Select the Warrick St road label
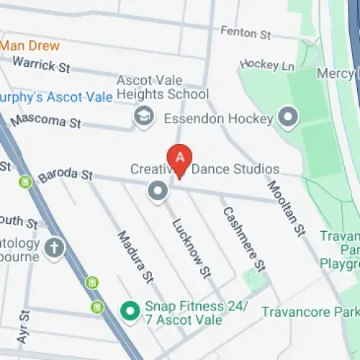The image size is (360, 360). pyautogui.click(x=40, y=65)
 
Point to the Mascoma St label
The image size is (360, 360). pyautogui.click(x=45, y=120)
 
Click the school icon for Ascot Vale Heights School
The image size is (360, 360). pyautogui.click(x=145, y=116)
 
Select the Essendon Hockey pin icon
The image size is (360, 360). pyautogui.click(x=289, y=117)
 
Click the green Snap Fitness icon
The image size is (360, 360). pyautogui.click(x=130, y=311)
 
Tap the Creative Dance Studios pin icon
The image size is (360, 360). pyautogui.click(x=157, y=191)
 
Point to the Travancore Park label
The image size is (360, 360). pyautogui.click(x=310, y=312)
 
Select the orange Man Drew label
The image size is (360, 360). pyautogui.click(x=30, y=45)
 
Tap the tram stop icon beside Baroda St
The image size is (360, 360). pyautogui.click(x=27, y=183)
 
